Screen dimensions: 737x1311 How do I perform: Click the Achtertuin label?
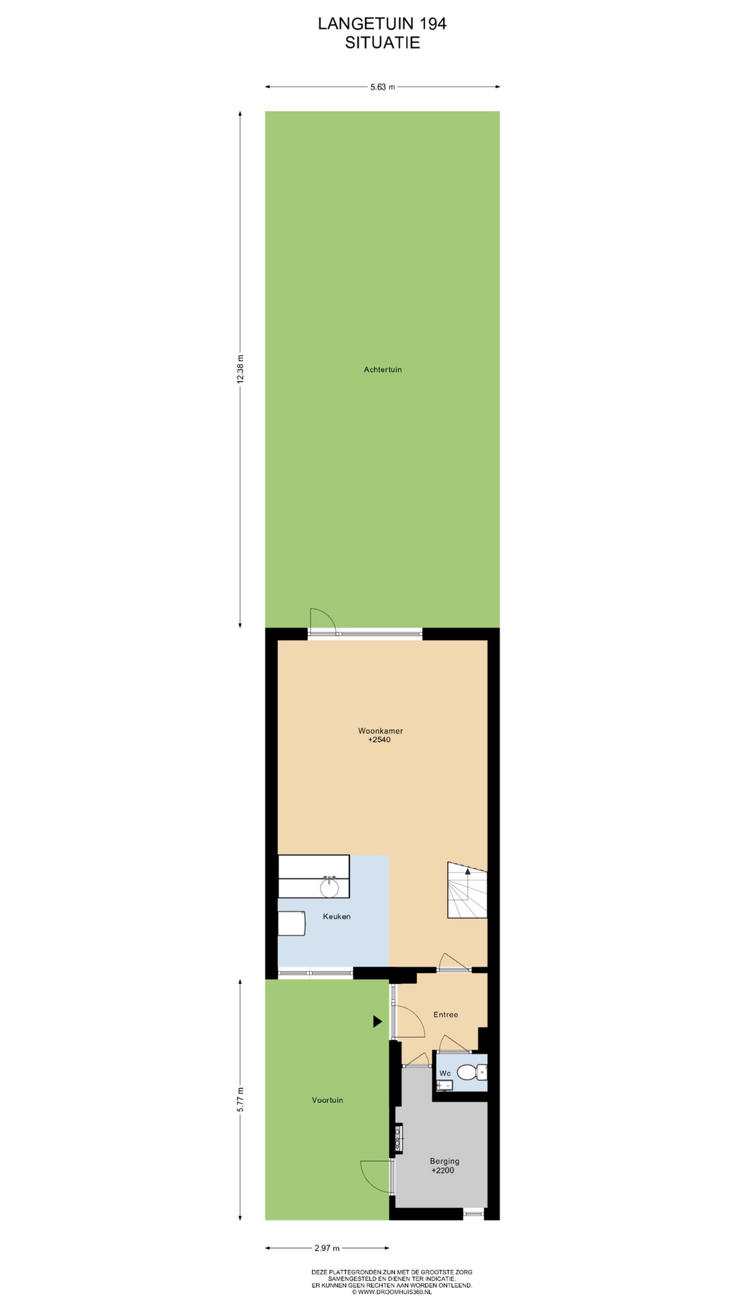[x=382, y=369]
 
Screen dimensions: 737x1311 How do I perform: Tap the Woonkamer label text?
[x=380, y=731]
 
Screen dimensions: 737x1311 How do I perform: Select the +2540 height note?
[x=379, y=739]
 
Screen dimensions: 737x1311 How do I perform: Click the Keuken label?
[x=336, y=916]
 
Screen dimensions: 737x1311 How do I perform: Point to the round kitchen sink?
[x=330, y=887]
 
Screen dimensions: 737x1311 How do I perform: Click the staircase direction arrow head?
[x=467, y=871]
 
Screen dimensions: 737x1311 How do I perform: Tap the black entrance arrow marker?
[x=377, y=1021]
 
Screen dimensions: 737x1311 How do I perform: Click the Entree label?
[x=446, y=1015]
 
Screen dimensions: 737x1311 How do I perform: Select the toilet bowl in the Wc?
[x=469, y=1073]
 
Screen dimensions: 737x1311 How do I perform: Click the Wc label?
[x=445, y=1073]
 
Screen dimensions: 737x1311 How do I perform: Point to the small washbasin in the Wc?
[x=444, y=1085]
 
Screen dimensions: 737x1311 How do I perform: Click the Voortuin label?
[x=328, y=1100]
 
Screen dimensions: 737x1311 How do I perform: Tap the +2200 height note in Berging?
[x=442, y=1170]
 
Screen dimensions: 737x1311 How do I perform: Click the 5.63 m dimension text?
[x=382, y=87]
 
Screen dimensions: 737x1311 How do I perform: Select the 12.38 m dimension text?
[x=240, y=369]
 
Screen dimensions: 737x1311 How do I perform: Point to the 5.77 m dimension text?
[x=240, y=1099]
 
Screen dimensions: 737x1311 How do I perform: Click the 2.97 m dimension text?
[x=327, y=1248]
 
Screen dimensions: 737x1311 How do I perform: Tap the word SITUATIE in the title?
[x=382, y=42]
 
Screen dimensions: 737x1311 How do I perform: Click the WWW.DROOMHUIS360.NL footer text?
[x=394, y=1292]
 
